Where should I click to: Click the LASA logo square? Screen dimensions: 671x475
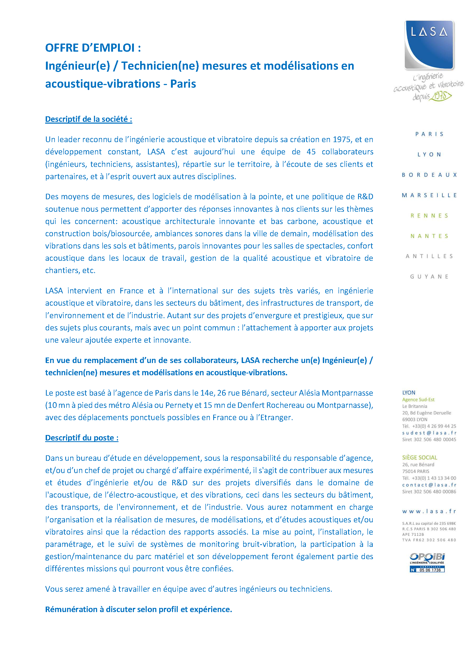(x=429, y=45)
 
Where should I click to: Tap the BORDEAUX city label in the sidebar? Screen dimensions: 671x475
(x=429, y=175)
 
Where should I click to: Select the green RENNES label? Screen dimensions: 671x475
(x=429, y=216)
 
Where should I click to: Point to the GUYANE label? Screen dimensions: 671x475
(x=429, y=276)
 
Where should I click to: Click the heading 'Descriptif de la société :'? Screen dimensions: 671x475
(x=89, y=119)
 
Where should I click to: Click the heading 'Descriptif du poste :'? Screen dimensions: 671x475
(x=82, y=438)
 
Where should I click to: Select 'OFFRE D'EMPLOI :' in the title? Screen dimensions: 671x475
(x=93, y=48)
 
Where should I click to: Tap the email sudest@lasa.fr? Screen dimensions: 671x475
(x=429, y=433)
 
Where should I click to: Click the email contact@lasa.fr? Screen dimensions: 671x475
(x=429, y=485)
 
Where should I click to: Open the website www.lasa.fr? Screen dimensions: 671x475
(x=429, y=511)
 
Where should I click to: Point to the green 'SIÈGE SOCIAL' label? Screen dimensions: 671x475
(x=419, y=458)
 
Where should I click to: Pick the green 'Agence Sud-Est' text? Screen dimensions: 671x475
(x=418, y=400)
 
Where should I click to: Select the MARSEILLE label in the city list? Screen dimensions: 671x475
(x=429, y=195)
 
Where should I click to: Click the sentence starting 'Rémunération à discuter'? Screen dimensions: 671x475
(x=138, y=609)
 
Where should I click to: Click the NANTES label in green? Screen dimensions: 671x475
(x=429, y=236)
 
